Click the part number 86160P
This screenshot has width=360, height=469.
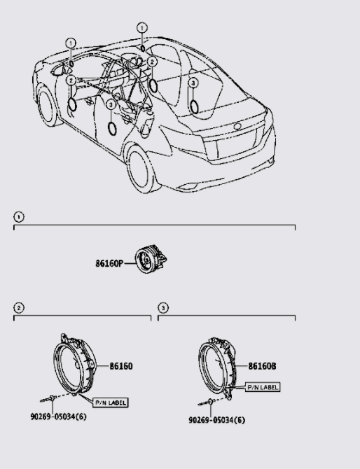tap(109, 264)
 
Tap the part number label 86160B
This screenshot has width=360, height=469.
tap(263, 366)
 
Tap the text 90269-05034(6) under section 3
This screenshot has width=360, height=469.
tap(216, 421)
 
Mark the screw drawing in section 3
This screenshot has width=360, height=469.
tap(208, 403)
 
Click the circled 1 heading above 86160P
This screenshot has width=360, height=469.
tap(18, 217)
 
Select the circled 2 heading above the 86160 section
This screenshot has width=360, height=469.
tap(18, 307)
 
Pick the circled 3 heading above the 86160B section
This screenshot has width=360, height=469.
tap(162, 307)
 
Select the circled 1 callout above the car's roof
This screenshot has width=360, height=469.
tap(142, 28)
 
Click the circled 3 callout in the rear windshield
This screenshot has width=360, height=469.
tap(193, 83)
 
